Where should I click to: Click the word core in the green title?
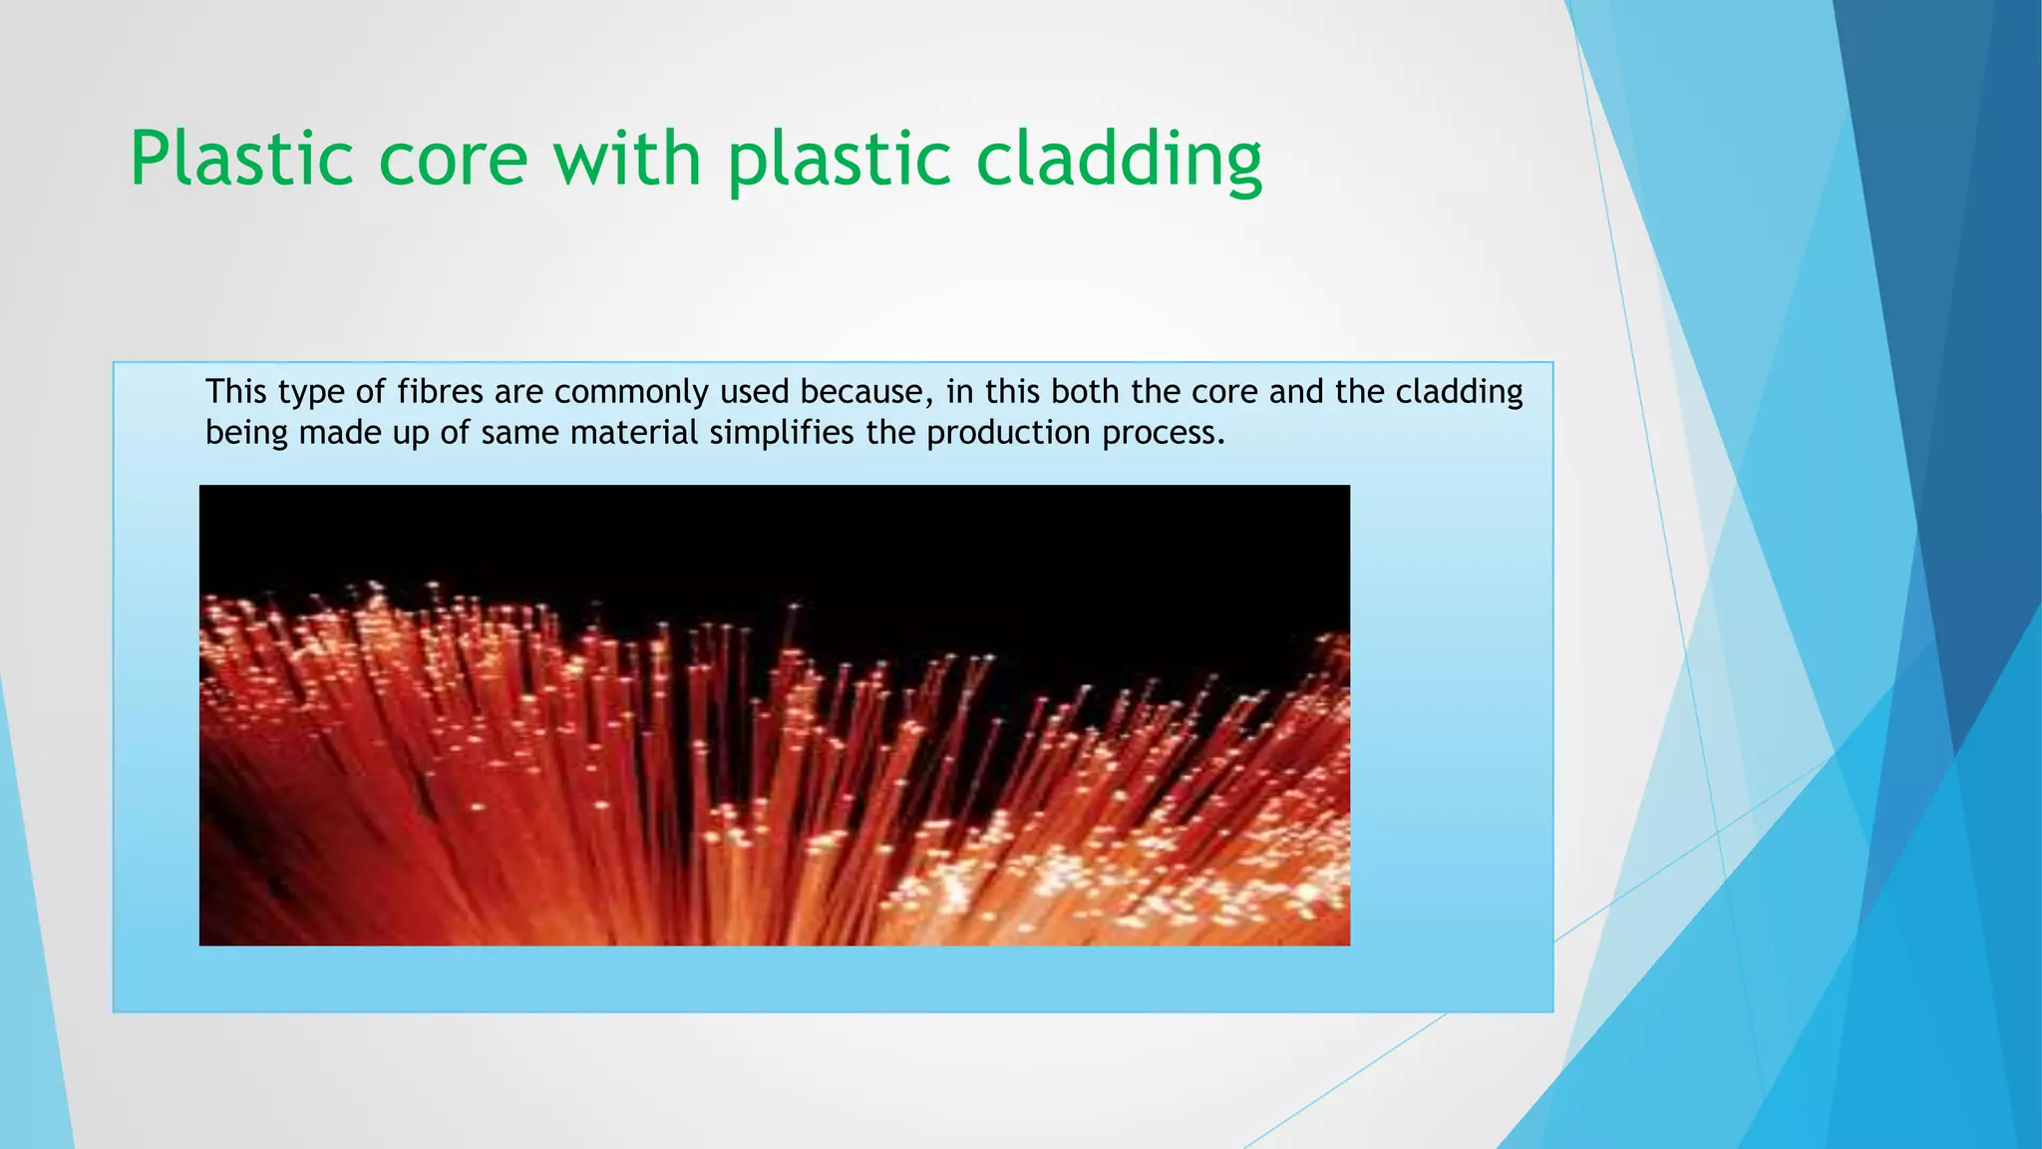453,160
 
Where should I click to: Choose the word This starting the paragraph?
236,392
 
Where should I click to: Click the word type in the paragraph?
312,392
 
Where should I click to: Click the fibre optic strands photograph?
774,715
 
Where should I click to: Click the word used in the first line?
755,392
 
